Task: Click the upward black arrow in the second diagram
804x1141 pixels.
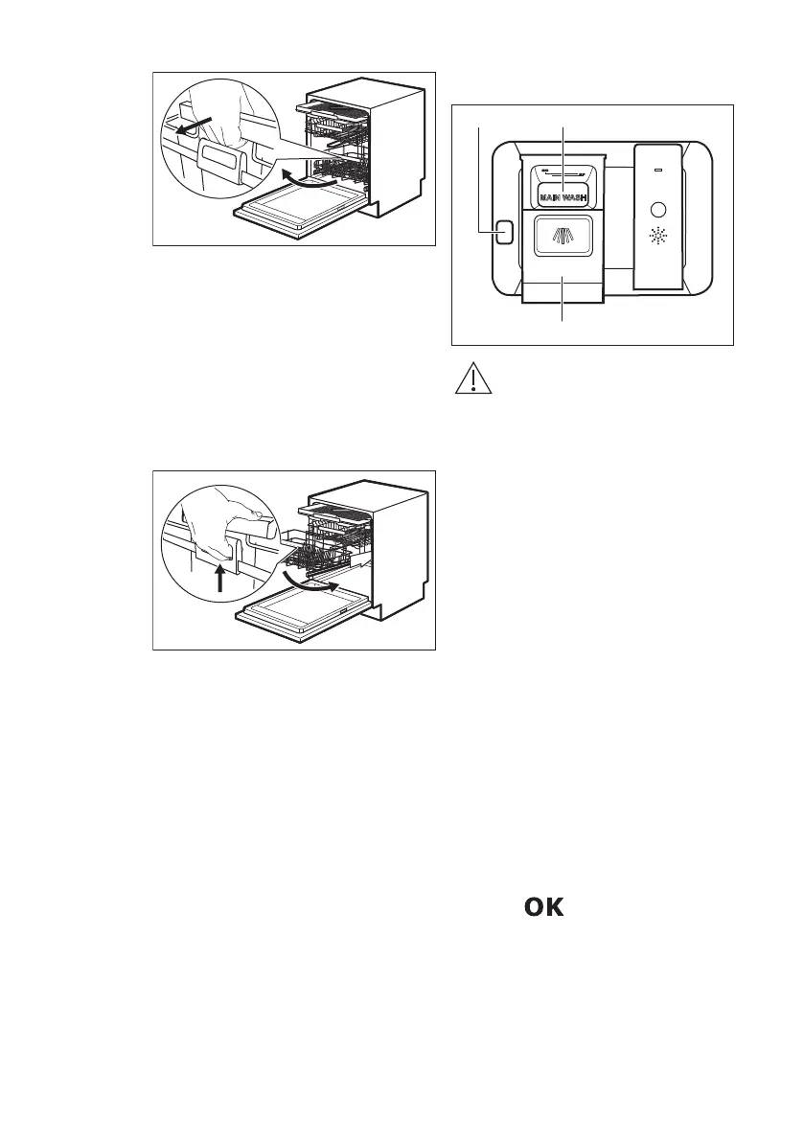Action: (x=221, y=579)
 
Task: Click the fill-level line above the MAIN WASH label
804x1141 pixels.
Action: (x=562, y=171)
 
